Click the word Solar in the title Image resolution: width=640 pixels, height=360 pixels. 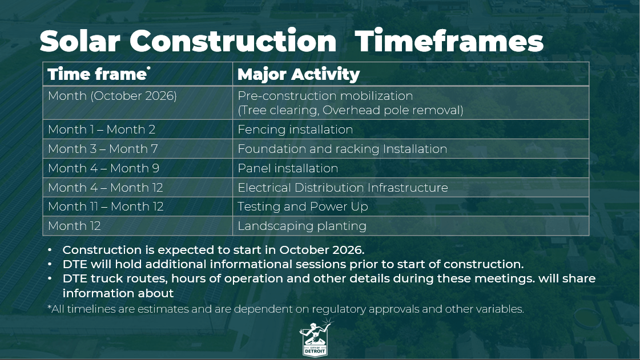(80, 41)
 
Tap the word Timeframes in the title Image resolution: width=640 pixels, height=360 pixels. (449, 41)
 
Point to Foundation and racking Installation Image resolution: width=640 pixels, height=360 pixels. (343, 149)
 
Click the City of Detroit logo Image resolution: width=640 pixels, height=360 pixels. (315, 338)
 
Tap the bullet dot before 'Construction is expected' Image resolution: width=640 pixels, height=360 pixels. (50, 250)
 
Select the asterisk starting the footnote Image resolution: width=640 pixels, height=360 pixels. (50, 307)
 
